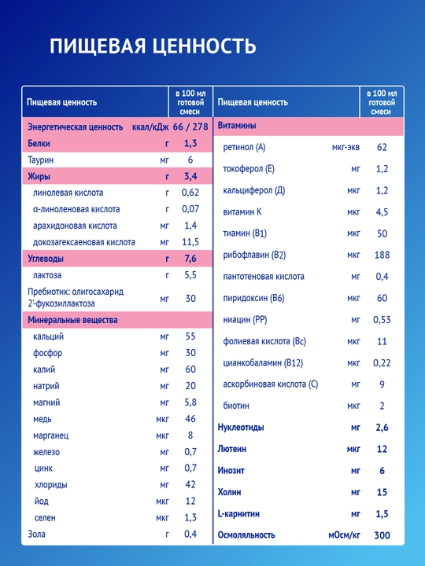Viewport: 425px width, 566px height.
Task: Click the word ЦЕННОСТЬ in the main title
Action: (204, 46)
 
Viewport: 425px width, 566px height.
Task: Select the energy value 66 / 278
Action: (190, 127)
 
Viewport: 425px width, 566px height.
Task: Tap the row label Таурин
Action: (40, 160)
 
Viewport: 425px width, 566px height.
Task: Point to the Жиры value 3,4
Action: (190, 177)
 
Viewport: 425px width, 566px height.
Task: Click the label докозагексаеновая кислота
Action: (84, 242)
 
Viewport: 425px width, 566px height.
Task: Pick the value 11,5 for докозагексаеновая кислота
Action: (190, 242)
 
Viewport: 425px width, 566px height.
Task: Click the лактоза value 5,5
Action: (190, 275)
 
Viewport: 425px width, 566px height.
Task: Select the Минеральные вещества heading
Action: (72, 320)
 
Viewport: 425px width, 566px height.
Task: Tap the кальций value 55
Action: (190, 336)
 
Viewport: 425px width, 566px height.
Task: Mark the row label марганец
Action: (50, 436)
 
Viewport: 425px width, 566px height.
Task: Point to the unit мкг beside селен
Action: (162, 518)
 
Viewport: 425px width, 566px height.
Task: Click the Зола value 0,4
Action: (190, 535)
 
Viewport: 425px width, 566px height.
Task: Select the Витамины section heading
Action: (237, 126)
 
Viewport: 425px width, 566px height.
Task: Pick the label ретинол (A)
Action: (244, 147)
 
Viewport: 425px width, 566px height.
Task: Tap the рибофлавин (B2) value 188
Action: (382, 255)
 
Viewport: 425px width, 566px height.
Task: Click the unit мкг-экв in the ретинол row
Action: (346, 147)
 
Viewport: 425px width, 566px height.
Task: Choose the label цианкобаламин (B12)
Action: (263, 362)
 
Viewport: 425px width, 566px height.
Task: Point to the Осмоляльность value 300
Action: (382, 535)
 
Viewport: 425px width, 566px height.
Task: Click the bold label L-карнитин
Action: (238, 513)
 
